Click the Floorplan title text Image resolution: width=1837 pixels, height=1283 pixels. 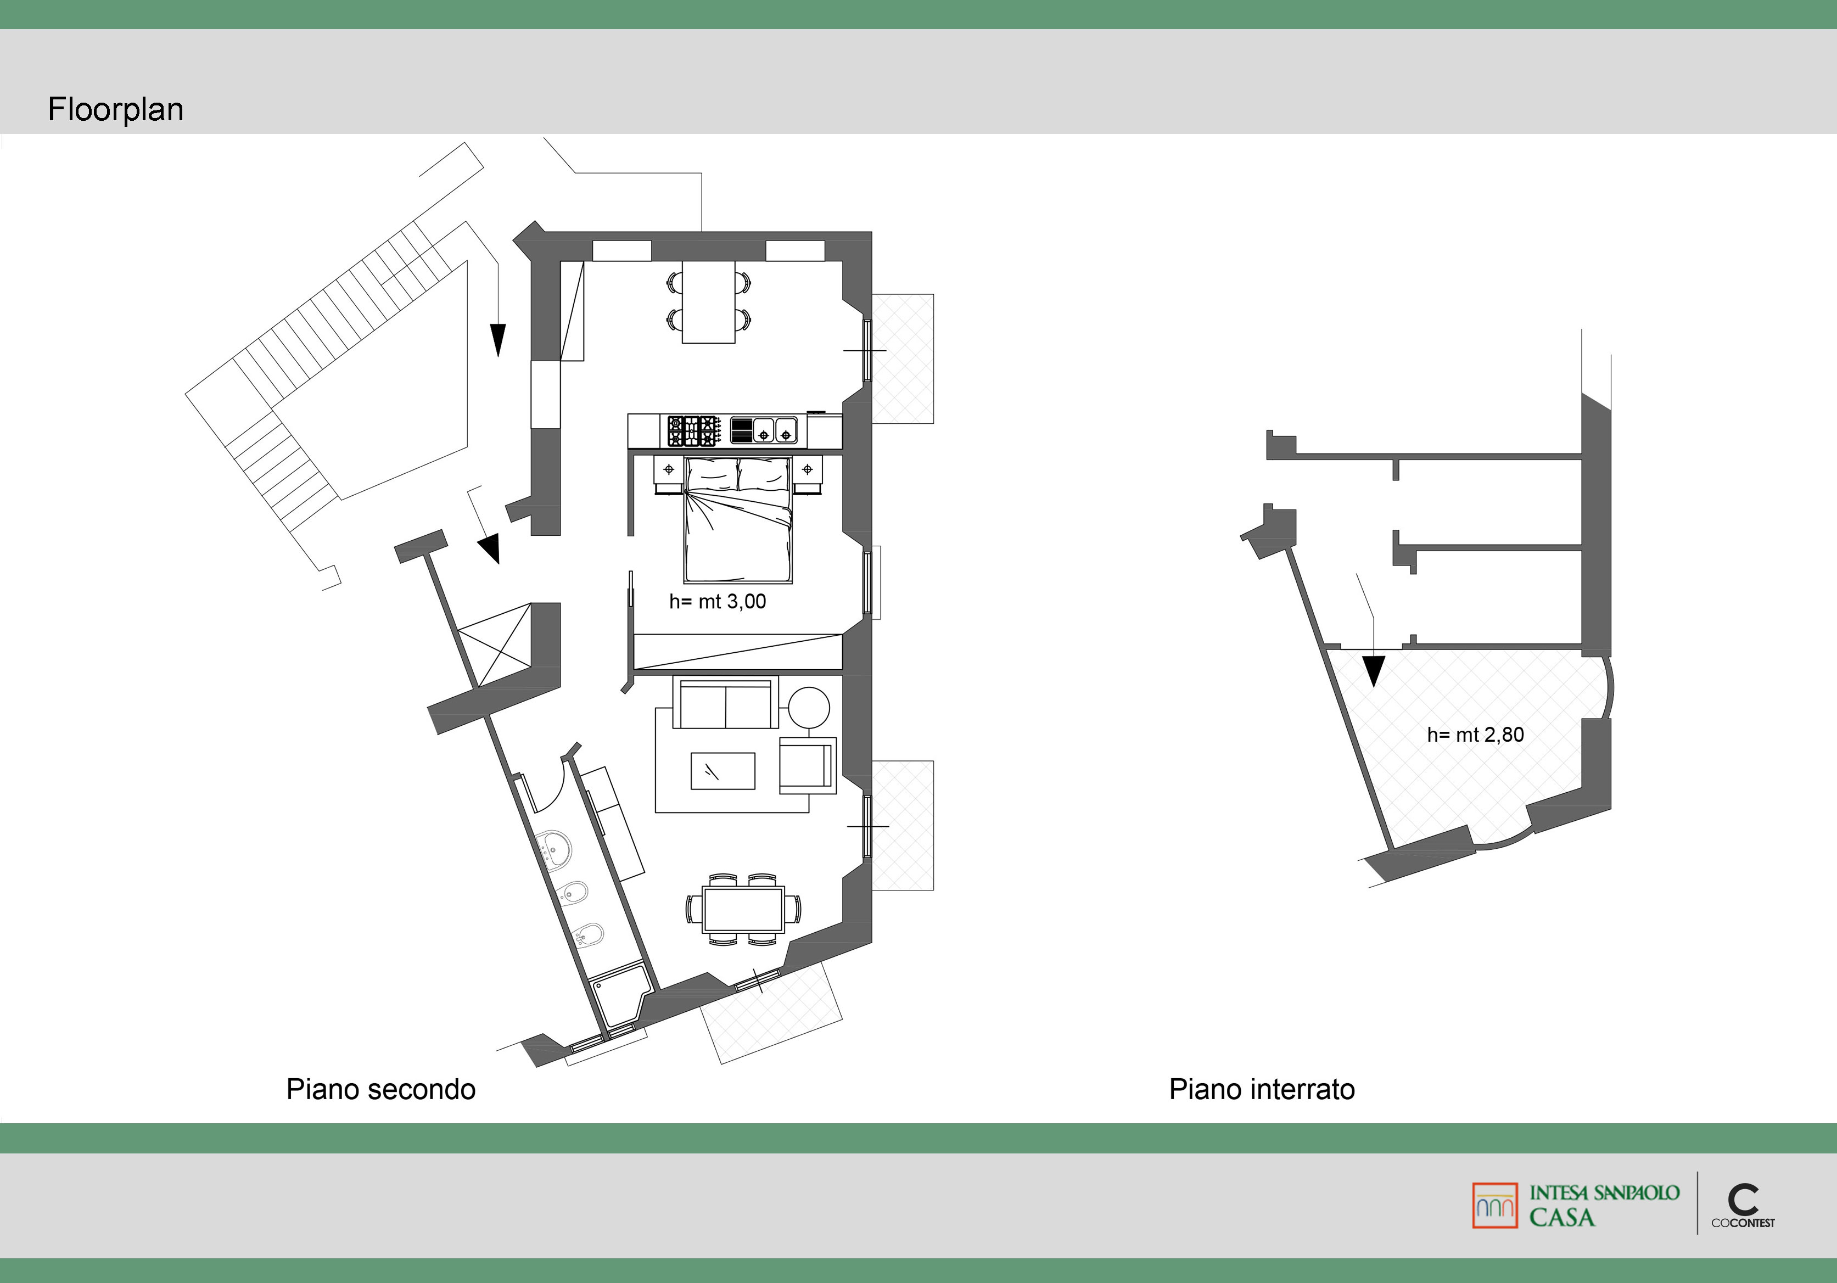pos(116,110)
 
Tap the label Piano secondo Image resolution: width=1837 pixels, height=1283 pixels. pos(381,1089)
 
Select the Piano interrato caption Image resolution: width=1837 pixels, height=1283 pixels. pos(1262,1089)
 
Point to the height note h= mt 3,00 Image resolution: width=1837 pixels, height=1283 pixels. pos(718,602)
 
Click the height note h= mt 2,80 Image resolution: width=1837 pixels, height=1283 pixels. pos(1475,735)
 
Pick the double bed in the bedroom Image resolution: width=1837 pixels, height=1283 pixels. pos(738,520)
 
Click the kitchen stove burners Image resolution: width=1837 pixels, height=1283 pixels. pos(693,430)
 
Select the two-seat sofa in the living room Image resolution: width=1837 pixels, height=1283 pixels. pos(725,703)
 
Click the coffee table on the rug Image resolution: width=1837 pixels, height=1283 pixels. pos(723,770)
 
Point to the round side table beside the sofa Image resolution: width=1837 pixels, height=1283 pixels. pos(809,708)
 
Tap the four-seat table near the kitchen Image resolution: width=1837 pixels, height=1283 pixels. pos(709,301)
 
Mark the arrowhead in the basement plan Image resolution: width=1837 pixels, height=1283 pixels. pos(1374,671)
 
